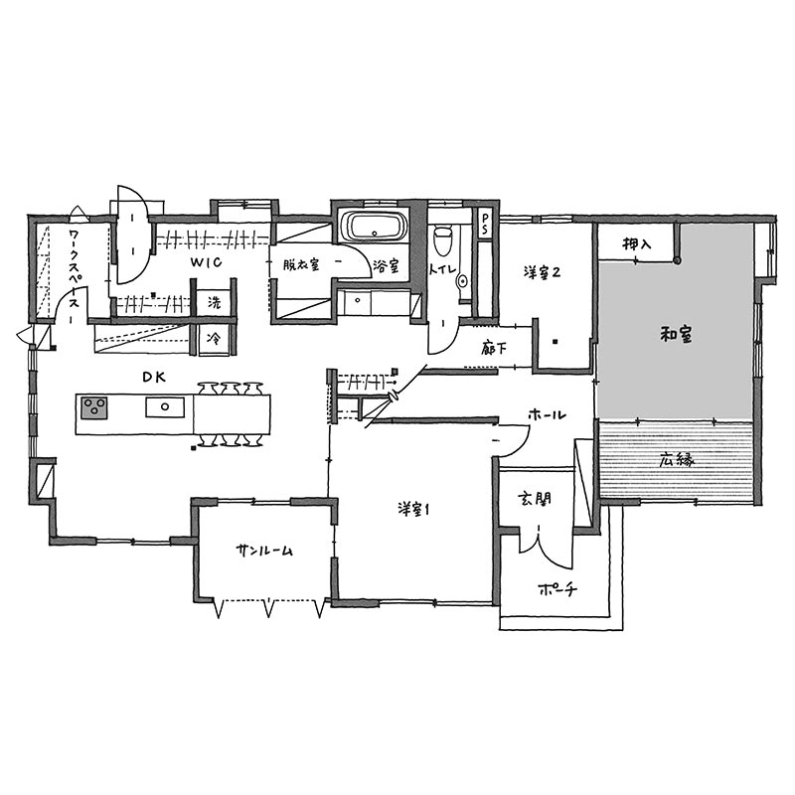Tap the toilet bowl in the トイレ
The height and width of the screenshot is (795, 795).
point(443,239)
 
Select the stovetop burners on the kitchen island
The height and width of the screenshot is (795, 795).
point(94,407)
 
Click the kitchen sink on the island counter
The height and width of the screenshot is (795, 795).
point(165,406)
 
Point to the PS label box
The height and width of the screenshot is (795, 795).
point(485,223)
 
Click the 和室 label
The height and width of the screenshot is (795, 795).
point(677,335)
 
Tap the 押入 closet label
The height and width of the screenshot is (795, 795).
point(637,244)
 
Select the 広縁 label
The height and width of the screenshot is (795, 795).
point(677,460)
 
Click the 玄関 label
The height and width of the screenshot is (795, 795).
point(535,499)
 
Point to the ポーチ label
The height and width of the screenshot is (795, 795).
point(557,589)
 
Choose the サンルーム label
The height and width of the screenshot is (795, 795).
point(264,551)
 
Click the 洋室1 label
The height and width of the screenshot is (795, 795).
point(413,510)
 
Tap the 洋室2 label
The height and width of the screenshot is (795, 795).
point(542,272)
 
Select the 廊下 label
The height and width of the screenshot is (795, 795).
point(493,349)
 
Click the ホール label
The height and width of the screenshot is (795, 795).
point(547,415)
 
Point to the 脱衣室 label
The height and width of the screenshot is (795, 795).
point(301,264)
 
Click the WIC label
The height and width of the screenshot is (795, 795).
point(207,262)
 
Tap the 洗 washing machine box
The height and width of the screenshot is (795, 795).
point(215,303)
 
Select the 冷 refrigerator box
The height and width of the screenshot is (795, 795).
point(214,339)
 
